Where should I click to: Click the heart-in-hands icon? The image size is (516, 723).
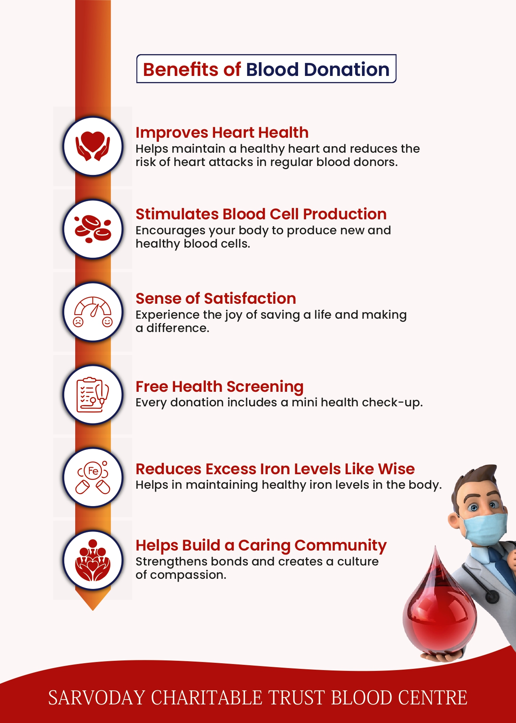point(93,146)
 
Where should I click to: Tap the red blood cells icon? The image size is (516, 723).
point(93,229)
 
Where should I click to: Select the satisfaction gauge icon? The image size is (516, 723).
point(93,312)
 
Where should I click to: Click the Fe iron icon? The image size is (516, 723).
point(93,477)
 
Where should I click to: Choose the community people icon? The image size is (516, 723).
point(93,560)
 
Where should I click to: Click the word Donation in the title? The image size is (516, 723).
point(347,69)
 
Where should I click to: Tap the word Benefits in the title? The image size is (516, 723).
point(180,69)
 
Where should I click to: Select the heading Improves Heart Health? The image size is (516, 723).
point(222,132)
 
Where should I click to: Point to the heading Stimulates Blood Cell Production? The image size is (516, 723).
point(261,214)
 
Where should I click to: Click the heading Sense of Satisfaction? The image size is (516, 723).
point(216,298)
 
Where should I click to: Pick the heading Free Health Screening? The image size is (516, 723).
point(220,387)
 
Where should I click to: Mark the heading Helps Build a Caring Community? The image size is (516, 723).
point(261,546)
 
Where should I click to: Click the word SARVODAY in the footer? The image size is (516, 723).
point(97,698)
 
